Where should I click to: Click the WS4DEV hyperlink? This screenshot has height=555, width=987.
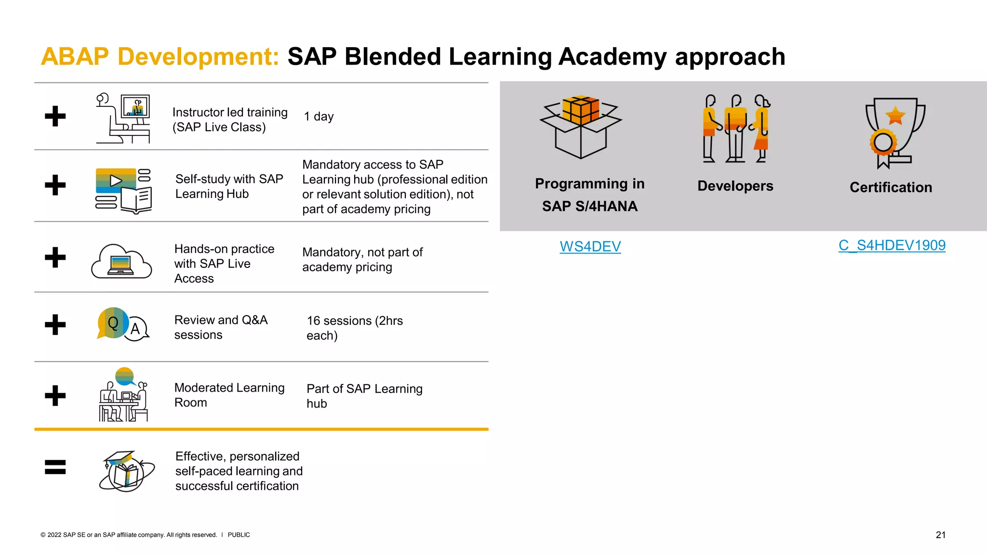pyautogui.click(x=590, y=246)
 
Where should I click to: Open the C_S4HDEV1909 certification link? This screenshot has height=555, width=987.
pyautogui.click(x=892, y=245)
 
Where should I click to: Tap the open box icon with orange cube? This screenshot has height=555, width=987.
pyautogui.click(x=581, y=127)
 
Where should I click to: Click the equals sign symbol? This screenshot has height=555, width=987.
pyautogui.click(x=55, y=467)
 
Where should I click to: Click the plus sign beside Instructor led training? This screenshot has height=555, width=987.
pyautogui.click(x=55, y=116)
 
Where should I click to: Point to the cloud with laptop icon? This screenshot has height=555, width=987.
pyautogui.click(x=121, y=261)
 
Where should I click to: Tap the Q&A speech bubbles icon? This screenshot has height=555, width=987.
pyautogui.click(x=122, y=324)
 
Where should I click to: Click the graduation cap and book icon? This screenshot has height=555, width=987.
pyautogui.click(x=127, y=471)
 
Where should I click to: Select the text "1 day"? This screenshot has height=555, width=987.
pyautogui.click(x=319, y=117)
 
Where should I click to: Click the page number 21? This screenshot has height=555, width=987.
pyautogui.click(x=940, y=535)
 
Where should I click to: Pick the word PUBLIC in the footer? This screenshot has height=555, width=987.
pyautogui.click(x=239, y=535)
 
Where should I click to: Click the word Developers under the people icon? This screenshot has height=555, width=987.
pyautogui.click(x=735, y=186)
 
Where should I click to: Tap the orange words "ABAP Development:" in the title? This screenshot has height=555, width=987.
pyautogui.click(x=160, y=57)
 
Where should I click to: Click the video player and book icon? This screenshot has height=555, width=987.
pyautogui.click(x=123, y=191)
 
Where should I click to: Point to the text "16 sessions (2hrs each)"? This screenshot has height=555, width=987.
pyautogui.click(x=354, y=328)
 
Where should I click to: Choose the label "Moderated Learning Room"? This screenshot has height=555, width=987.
pyautogui.click(x=229, y=395)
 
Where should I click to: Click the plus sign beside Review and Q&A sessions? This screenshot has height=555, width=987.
pyautogui.click(x=55, y=324)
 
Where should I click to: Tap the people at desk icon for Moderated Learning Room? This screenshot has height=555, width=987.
pyautogui.click(x=123, y=395)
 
